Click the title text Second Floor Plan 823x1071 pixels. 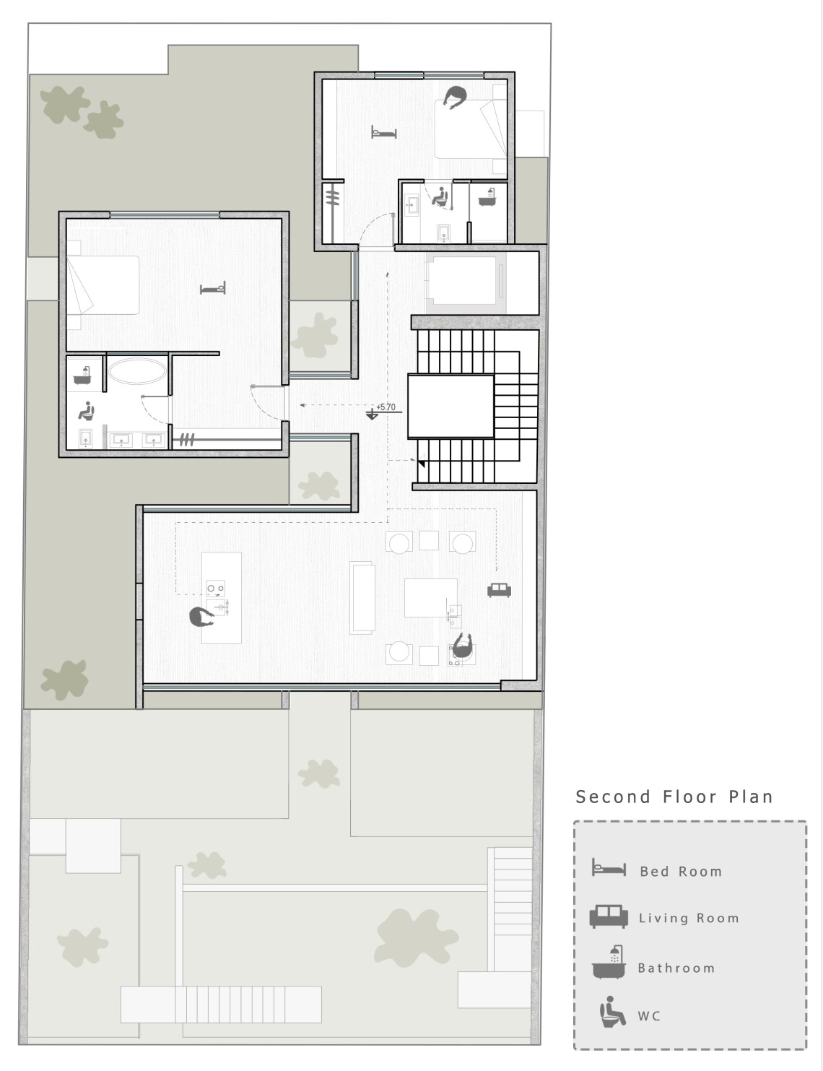(674, 797)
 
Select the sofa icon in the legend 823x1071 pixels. (609, 916)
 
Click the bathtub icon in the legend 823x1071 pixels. (609, 962)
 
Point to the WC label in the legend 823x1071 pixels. (649, 1016)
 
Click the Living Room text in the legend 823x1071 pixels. (689, 918)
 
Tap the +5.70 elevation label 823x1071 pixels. (386, 407)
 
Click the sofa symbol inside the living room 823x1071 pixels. (499, 590)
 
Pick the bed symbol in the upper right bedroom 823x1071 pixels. (383, 132)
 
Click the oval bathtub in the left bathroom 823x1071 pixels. (136, 370)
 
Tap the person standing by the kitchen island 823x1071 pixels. (201, 617)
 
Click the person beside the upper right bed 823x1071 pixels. (455, 97)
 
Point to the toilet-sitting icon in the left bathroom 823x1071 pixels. (87, 410)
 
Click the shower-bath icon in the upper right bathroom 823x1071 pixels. (487, 197)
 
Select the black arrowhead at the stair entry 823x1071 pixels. (421, 463)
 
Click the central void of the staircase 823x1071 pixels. (450, 406)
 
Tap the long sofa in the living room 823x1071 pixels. (362, 598)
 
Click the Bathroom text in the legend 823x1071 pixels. (676, 968)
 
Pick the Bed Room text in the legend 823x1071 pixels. (681, 872)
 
